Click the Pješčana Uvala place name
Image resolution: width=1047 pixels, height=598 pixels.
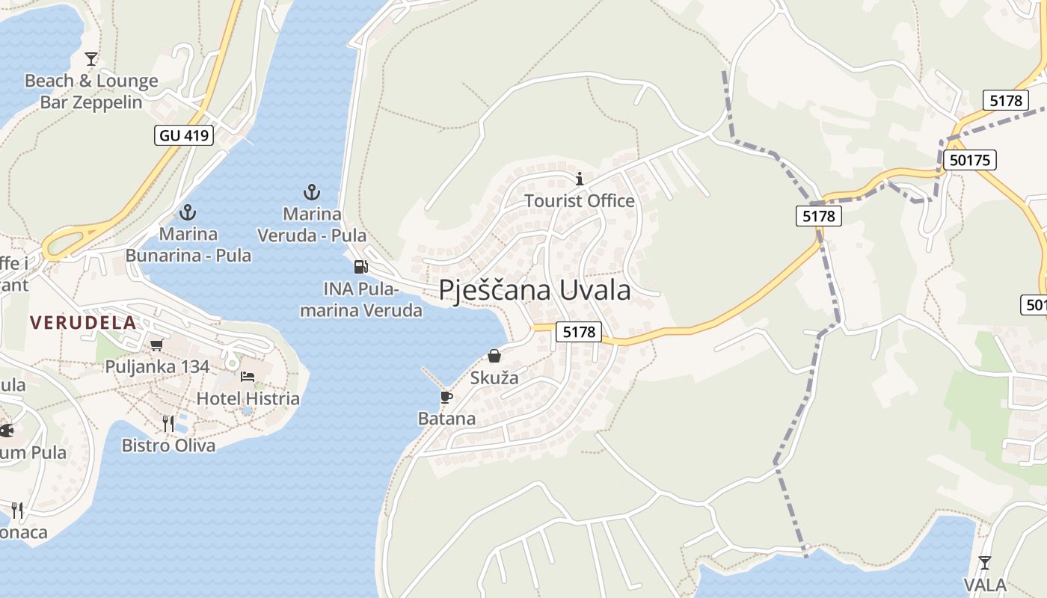coord(535,290)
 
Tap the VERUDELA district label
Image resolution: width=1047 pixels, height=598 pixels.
coord(83,323)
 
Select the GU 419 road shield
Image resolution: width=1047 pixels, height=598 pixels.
coord(185,135)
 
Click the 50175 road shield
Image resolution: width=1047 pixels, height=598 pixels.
coord(969,159)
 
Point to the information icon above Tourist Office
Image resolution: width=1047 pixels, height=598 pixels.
coord(580,179)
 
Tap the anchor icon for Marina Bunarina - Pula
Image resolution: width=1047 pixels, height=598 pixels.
coord(187,212)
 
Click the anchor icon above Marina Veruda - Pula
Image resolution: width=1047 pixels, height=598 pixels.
coord(311,192)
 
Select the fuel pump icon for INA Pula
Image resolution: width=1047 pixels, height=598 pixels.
coord(360,266)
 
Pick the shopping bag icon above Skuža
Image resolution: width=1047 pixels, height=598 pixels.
coord(494,356)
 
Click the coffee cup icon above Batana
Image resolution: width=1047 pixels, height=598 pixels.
coord(446,396)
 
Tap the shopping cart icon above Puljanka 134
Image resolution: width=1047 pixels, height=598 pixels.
coord(156,345)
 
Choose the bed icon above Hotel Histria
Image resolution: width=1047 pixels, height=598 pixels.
coord(248,376)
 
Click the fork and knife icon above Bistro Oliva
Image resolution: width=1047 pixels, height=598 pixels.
coord(168,424)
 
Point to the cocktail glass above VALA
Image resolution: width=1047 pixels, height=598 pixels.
coord(984,562)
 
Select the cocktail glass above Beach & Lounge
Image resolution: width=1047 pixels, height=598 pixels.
coord(91,58)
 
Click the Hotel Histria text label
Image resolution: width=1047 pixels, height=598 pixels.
coord(248,398)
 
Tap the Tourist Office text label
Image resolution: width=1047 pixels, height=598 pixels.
coord(580,200)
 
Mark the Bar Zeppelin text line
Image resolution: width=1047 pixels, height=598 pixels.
coord(91,102)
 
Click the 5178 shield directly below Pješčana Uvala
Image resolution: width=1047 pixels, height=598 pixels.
coord(579,332)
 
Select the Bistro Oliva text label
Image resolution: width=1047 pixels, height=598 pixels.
coord(168,446)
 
